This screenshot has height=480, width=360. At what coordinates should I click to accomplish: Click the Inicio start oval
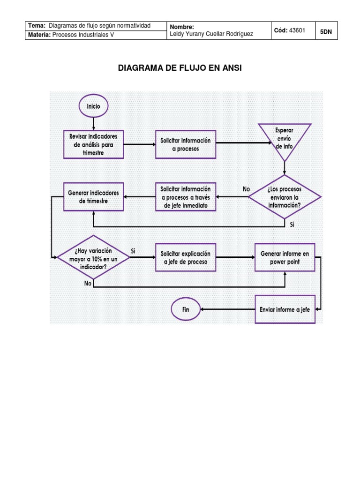coord(93,106)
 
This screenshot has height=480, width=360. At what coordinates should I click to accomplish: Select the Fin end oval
coord(186,309)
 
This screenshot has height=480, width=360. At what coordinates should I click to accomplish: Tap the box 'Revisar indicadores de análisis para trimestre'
coord(93,144)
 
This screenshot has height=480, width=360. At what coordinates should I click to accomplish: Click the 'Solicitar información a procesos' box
coord(186,144)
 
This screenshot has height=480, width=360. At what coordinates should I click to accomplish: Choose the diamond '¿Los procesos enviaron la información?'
coord(285,197)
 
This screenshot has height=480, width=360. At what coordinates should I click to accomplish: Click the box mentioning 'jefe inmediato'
coord(186,196)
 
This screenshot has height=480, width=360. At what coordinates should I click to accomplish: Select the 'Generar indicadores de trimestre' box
coord(93,196)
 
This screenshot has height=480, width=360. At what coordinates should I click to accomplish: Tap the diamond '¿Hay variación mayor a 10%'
coord(93,257)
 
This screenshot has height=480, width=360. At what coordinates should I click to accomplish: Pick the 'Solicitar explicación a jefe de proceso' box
coord(186,257)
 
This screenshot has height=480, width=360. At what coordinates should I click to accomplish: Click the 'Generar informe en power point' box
coord(285,257)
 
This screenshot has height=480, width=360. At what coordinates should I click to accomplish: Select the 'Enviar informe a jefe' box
coord(285,309)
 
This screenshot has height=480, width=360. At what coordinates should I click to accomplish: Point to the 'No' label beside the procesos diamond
coord(246,189)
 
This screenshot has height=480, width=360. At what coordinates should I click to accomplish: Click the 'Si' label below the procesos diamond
coord(292,225)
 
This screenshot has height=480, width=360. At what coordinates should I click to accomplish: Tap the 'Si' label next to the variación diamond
coord(133,251)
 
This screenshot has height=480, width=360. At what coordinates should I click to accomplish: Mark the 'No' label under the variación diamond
coord(88,283)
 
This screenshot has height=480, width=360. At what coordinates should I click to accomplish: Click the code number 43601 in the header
coord(297,30)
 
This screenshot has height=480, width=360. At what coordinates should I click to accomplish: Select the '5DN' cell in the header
coord(326,31)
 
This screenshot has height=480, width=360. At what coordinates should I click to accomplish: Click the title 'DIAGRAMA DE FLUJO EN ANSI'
coord(180,68)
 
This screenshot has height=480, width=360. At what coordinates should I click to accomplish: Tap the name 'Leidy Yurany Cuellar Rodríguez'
coord(211,34)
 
